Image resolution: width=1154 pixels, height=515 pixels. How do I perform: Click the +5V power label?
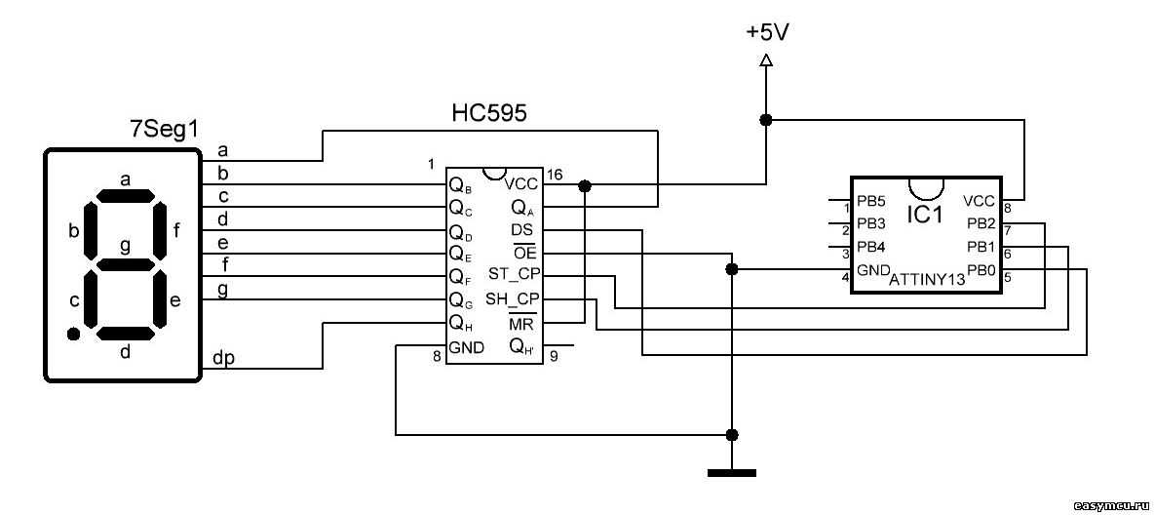[x=767, y=31]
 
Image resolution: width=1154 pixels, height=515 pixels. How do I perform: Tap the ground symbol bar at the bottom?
[x=731, y=473]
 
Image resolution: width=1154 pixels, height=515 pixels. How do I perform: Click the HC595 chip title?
[x=488, y=114]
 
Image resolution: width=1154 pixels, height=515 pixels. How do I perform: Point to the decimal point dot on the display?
[x=73, y=335]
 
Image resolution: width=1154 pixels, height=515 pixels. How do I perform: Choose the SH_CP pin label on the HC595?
[x=514, y=298]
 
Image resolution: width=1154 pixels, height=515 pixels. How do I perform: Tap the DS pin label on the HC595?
[x=521, y=230]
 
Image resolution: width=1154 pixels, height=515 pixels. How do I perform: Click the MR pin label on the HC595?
[x=520, y=323]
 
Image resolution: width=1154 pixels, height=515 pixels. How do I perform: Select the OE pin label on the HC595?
[x=524, y=253]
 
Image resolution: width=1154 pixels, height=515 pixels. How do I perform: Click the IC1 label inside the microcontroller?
[x=924, y=214]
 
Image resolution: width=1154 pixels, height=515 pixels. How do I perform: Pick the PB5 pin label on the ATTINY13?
[x=870, y=203]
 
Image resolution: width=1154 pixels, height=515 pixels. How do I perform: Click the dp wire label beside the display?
[x=222, y=359]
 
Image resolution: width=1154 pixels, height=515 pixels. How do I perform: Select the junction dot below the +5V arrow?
[x=766, y=120]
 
